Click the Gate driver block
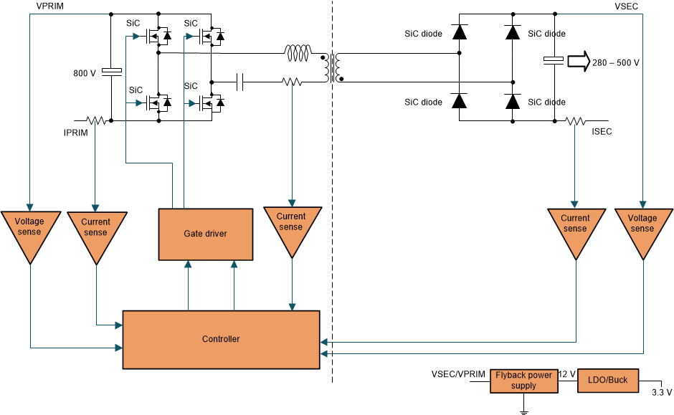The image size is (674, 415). pos(205,234)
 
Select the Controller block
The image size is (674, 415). pos(220,339)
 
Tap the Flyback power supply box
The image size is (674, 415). pos(523,380)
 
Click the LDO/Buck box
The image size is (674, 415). pos(607,380)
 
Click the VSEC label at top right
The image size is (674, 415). pos(626,5)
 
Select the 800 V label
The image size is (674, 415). pos(85,73)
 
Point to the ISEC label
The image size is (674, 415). pos(602,132)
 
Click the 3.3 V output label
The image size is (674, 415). pos(661,392)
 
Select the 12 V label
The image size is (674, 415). pos(567,374)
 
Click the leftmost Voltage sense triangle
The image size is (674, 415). pos(29,231)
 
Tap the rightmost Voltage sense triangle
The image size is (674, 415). pos(642,227)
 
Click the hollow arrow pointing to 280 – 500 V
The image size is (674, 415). pos(576,62)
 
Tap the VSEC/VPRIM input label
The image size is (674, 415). pos(458,374)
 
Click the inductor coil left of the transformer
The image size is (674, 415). pos(298,53)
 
